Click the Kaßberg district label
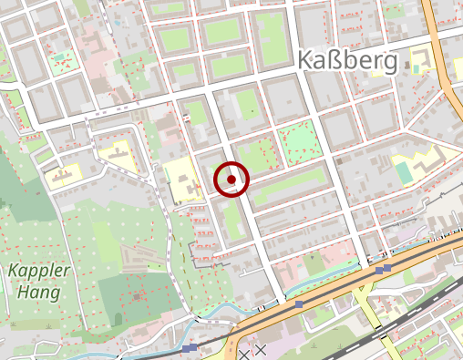pyautogui.click(x=347, y=61)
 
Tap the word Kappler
pyautogui.click(x=35, y=272)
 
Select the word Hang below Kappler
pyautogui.click(x=36, y=293)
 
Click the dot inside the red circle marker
pyautogui.click(x=232, y=180)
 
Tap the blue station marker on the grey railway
pyautogui.click(x=189, y=348)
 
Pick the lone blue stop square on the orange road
pyautogui.click(x=300, y=303)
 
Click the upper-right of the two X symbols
pyautogui.click(x=261, y=349)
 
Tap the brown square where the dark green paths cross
pyautogui.click(x=136, y=296)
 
